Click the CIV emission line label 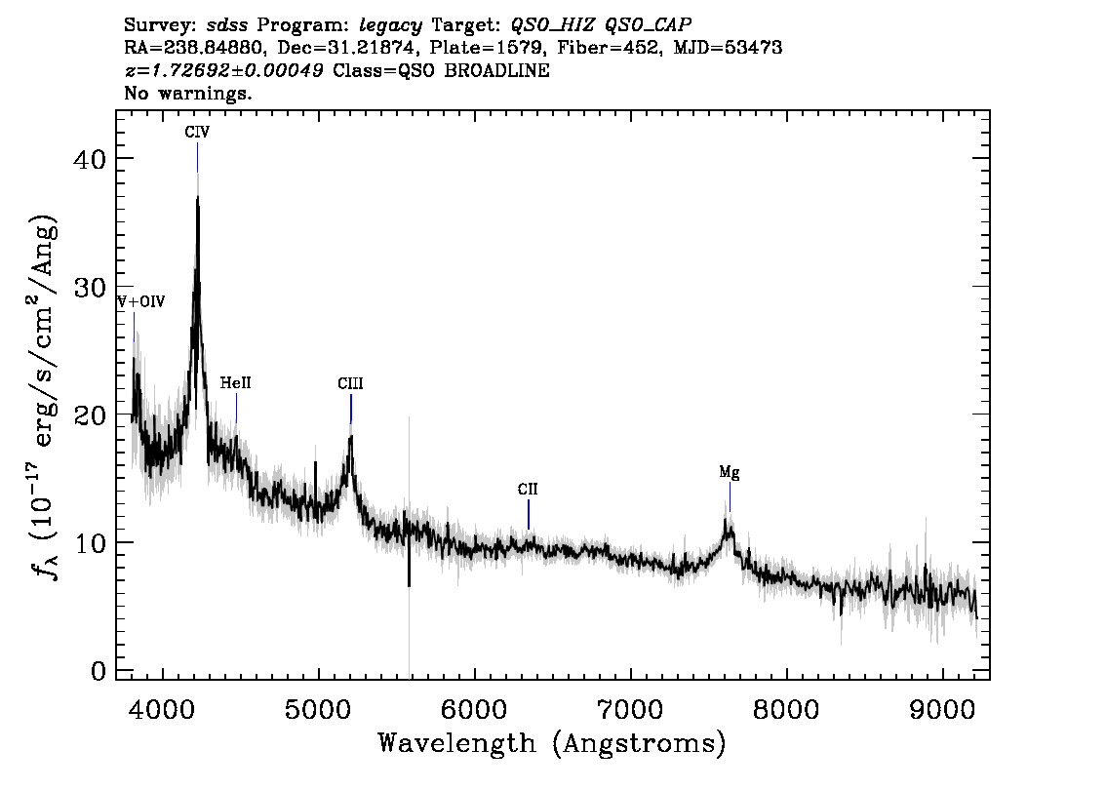(197, 132)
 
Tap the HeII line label (236, 383)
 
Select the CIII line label (350, 383)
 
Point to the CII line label (528, 490)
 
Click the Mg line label (730, 473)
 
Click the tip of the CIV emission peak (197, 196)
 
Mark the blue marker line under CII (529, 514)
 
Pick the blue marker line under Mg (731, 497)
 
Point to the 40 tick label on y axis (90, 159)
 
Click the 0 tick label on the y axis (99, 671)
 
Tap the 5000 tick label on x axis (318, 710)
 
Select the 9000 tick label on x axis (941, 710)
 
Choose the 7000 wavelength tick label (630, 710)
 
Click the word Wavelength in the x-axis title (457, 743)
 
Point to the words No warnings (187, 93)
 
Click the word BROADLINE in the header (496, 70)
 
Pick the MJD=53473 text (728, 48)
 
